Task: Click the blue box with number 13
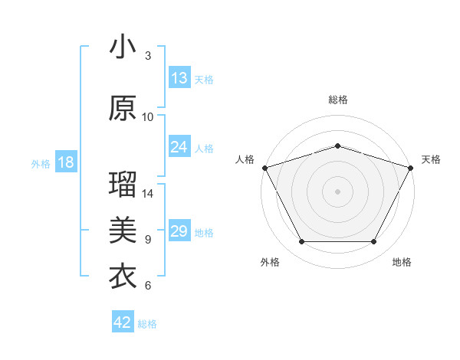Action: (x=179, y=78)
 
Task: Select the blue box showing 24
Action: (x=179, y=147)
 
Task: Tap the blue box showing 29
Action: (x=179, y=231)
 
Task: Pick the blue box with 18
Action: (x=65, y=162)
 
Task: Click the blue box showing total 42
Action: (x=123, y=322)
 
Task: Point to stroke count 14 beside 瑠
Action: (x=149, y=194)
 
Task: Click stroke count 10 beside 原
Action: (x=148, y=116)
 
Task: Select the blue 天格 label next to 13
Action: (x=204, y=79)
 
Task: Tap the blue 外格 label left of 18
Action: (x=41, y=163)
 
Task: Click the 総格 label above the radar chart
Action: (x=338, y=100)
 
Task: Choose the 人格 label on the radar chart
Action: (x=245, y=159)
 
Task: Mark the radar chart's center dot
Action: (x=337, y=191)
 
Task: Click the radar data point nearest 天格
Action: (x=411, y=167)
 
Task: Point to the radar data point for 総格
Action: (x=337, y=146)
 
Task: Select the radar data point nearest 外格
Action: (x=301, y=242)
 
